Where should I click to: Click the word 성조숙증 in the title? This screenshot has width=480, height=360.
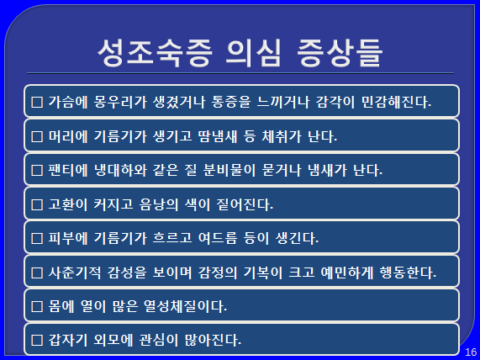coord(155,53)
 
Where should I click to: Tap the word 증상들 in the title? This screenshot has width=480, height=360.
coord(340,53)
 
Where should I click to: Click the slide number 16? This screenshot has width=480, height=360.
coord(471,352)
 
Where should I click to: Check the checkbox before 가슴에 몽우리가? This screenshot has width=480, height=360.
coord(37,103)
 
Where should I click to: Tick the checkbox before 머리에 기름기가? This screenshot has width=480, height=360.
coord(37,136)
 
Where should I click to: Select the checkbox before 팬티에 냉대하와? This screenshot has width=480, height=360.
coord(37,171)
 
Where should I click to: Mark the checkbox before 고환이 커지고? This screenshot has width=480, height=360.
coord(37,204)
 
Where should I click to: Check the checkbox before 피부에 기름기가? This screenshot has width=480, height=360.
coord(37,238)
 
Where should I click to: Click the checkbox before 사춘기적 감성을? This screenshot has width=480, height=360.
coord(37,273)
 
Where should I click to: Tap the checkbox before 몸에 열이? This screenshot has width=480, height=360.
coord(37,306)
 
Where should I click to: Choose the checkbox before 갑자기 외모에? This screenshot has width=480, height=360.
coord(37,340)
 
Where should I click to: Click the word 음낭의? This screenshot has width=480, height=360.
coord(159,204)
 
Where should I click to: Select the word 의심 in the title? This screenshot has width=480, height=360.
coord(253,53)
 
